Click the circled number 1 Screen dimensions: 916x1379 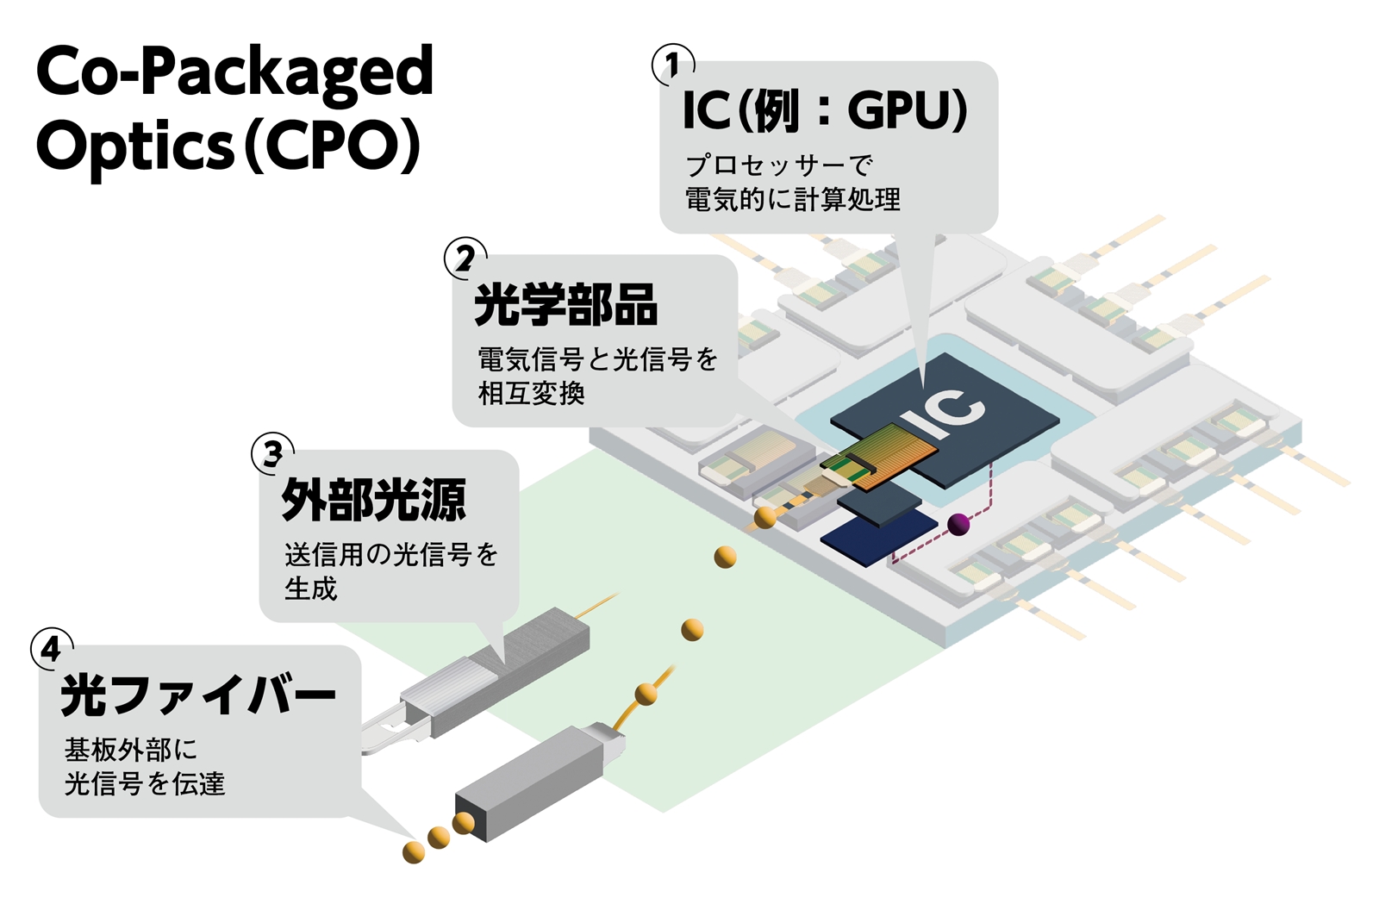coord(673,65)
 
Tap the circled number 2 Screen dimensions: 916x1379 coord(465,259)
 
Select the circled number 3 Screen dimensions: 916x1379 coord(272,453)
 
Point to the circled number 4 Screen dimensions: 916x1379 coord(52,648)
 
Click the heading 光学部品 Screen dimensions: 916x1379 coord(566,305)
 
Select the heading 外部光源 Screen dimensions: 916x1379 coord(373,500)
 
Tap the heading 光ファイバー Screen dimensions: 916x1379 coord(198,695)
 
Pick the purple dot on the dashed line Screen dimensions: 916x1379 coord(958,523)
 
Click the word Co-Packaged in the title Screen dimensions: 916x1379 coord(234,72)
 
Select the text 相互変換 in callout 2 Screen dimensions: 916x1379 coord(532,394)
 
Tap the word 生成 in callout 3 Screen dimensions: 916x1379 coord(311,589)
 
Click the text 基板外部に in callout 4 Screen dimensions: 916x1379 coord(131,750)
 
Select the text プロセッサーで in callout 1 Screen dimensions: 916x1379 coord(779,165)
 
